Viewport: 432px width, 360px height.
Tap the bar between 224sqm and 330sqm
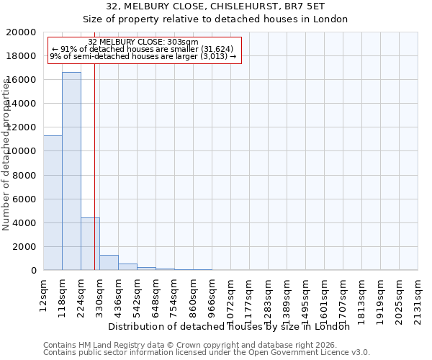[x=90, y=244]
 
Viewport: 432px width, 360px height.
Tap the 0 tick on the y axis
[x=35, y=270]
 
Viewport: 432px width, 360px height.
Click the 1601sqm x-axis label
[x=325, y=297]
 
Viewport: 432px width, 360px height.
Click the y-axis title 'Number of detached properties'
[x=7, y=165]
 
